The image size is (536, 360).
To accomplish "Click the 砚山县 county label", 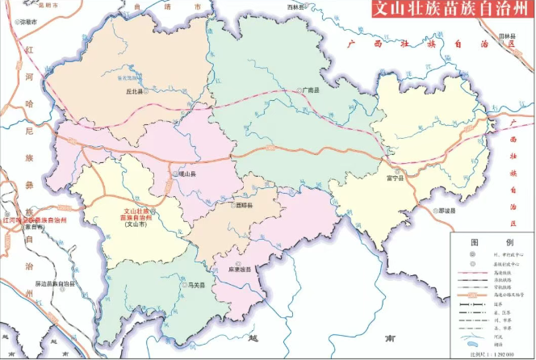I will click(x=188, y=174).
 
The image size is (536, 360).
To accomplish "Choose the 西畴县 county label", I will click(x=245, y=206).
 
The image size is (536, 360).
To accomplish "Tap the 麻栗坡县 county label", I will click(x=241, y=269).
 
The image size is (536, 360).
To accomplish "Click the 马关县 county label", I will click(x=197, y=285).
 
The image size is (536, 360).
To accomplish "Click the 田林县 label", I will click(x=507, y=36).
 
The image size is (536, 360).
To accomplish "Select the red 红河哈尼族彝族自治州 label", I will click(x=34, y=219).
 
